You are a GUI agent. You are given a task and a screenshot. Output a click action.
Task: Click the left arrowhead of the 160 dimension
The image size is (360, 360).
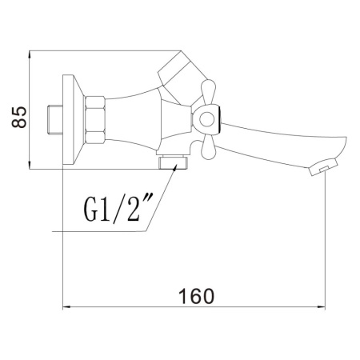66,307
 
